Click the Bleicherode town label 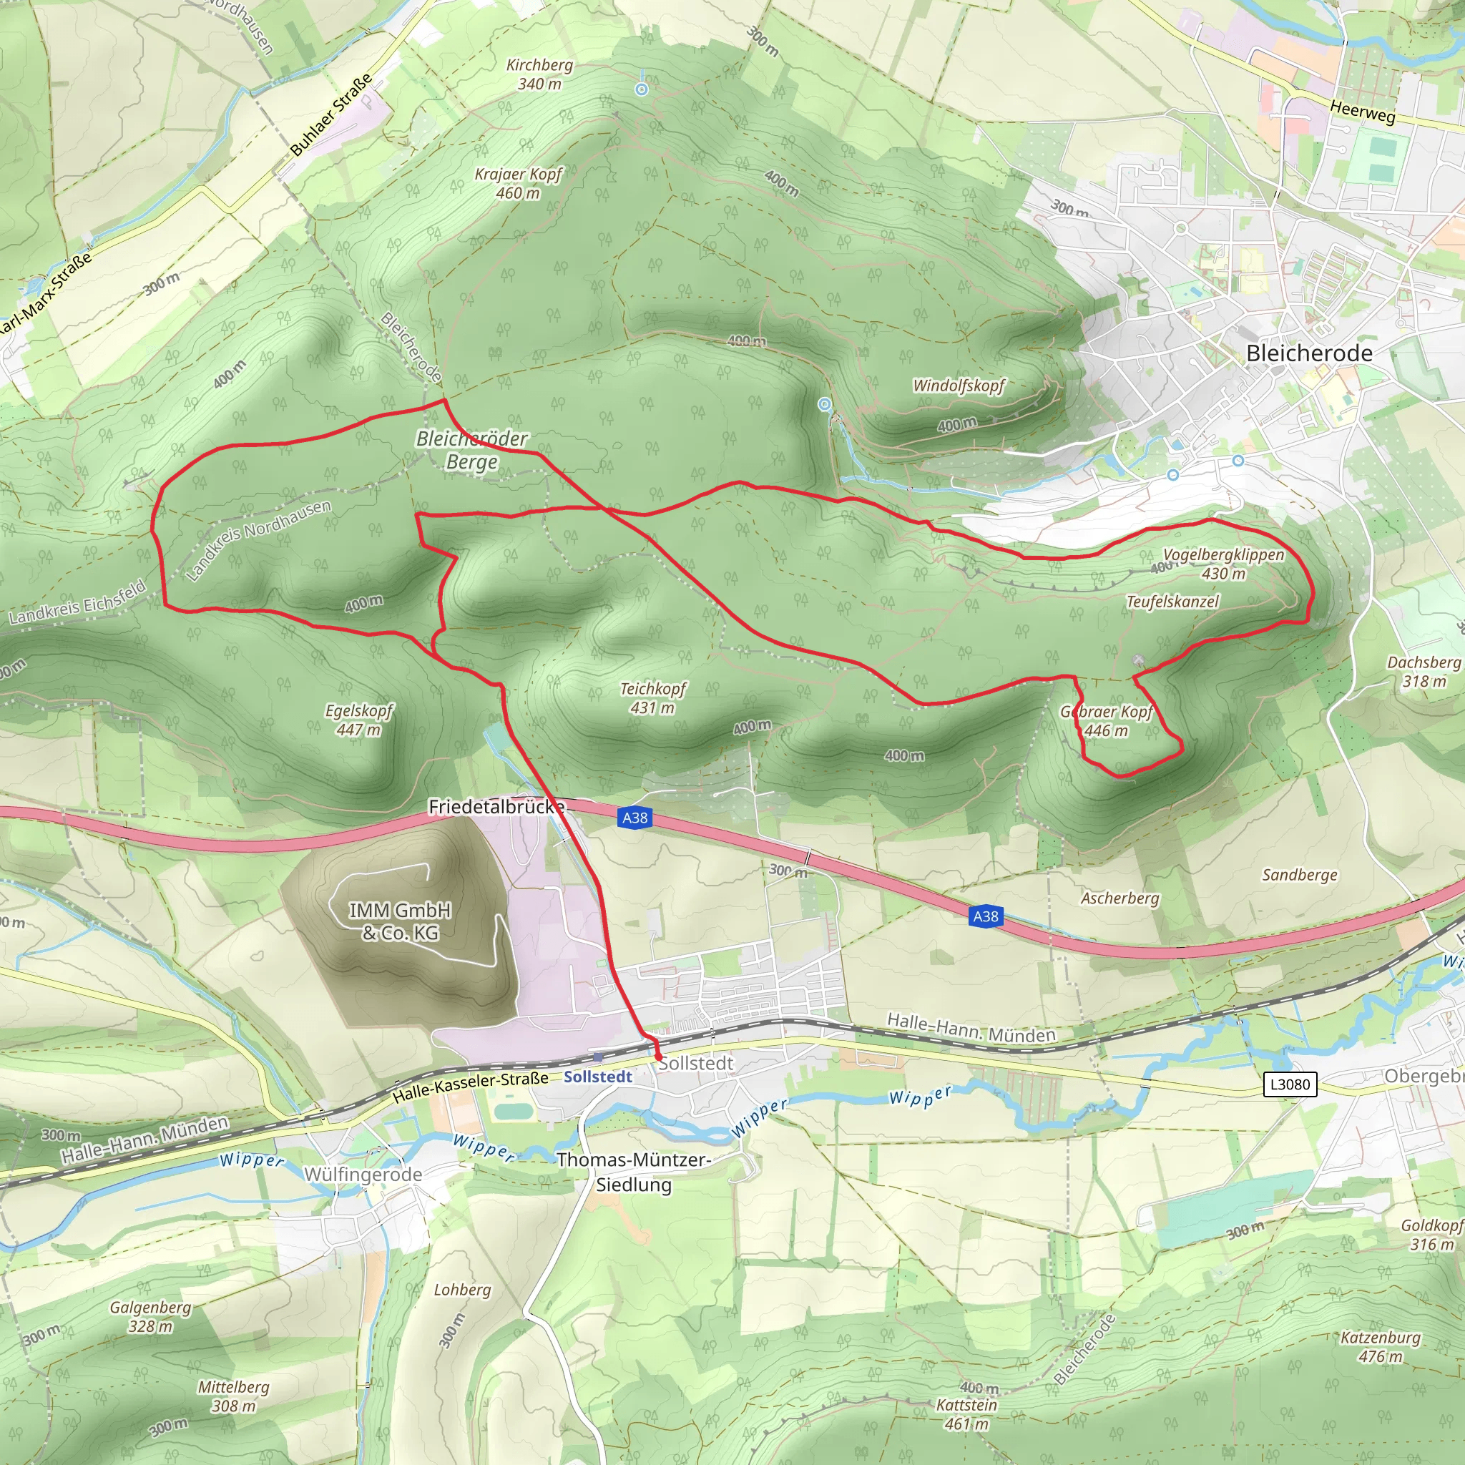point(1309,353)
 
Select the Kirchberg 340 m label point(539,74)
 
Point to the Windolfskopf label point(959,386)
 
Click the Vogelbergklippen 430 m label point(1223,564)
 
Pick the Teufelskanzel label point(1172,602)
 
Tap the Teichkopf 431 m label point(652,697)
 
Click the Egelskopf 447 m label point(358,720)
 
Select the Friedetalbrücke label point(496,807)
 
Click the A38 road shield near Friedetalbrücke point(634,818)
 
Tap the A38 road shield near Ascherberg point(986,916)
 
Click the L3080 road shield point(1290,1084)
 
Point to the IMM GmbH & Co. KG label point(400,921)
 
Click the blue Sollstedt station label point(597,1077)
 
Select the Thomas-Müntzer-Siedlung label point(634,1172)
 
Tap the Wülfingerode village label point(363,1175)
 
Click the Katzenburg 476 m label point(1380,1347)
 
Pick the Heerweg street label point(1362,112)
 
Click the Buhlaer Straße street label point(331,114)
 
